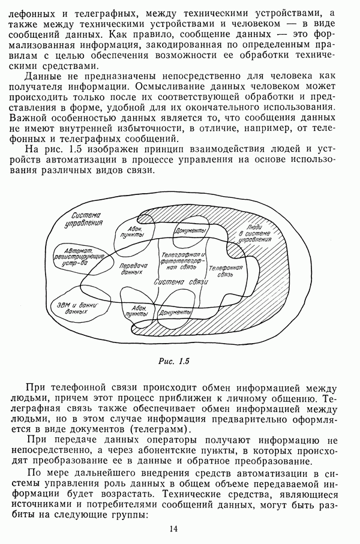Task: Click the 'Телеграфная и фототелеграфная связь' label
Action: (x=182, y=261)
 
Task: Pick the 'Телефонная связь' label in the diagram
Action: (x=229, y=270)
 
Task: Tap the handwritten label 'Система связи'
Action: (x=181, y=282)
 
